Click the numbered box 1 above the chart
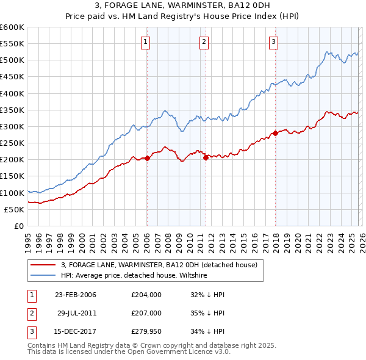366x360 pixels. tap(146, 41)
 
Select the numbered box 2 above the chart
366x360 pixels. tap(204, 41)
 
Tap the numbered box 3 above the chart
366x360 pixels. tap(274, 41)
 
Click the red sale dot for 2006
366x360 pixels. tap(147, 159)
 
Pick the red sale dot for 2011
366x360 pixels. tap(206, 157)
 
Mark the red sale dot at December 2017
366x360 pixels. tap(275, 133)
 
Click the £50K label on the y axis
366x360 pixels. tap(14, 209)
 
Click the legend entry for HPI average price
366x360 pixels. tap(134, 275)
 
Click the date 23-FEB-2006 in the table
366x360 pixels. tap(75, 295)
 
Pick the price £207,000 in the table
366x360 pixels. tap(146, 312)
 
